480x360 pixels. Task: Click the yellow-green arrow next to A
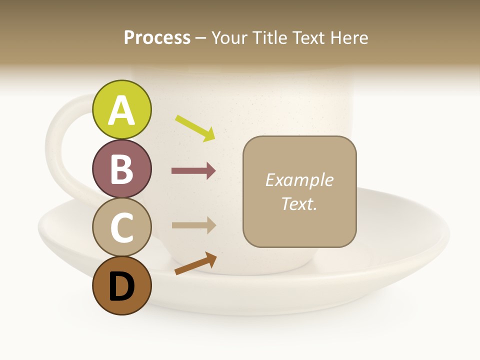[x=195, y=128]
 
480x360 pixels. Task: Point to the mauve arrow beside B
[x=193, y=171]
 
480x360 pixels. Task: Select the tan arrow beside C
[x=193, y=225]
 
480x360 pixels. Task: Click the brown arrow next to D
[x=195, y=263]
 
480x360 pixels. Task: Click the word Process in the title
[x=157, y=38]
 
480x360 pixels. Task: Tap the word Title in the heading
[x=269, y=38]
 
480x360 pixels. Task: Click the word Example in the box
[x=299, y=180]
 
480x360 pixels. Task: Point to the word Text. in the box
[x=299, y=203]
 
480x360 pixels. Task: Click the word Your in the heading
[x=230, y=38]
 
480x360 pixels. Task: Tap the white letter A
[x=122, y=111]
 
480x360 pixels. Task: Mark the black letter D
[x=122, y=287]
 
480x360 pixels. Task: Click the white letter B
[x=122, y=169]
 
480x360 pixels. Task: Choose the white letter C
[x=122, y=227]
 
